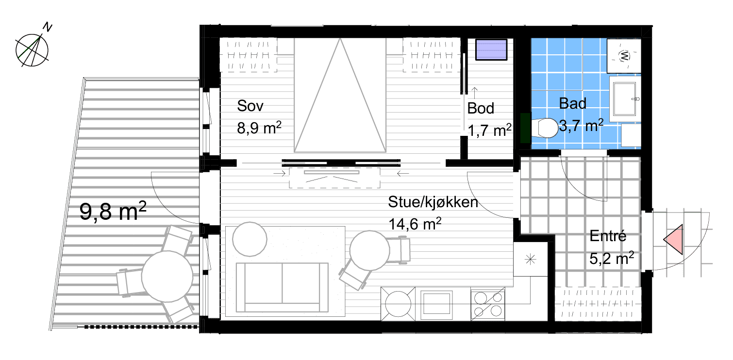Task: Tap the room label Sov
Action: point(250,106)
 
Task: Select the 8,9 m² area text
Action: point(259,128)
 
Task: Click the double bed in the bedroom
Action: point(340,95)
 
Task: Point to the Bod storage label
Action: point(481,108)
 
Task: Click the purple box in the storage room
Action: point(491,49)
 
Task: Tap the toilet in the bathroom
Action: point(544,128)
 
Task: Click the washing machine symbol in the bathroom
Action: point(624,56)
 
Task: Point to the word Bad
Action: point(572,103)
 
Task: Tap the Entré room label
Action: point(608,236)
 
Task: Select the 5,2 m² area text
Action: point(612,258)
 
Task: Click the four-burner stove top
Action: point(487,304)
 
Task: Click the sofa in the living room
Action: point(282,287)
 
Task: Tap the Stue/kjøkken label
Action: point(433,202)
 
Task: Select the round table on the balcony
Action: point(167,276)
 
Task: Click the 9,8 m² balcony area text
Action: point(113,211)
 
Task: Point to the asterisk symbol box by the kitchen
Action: point(530,260)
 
